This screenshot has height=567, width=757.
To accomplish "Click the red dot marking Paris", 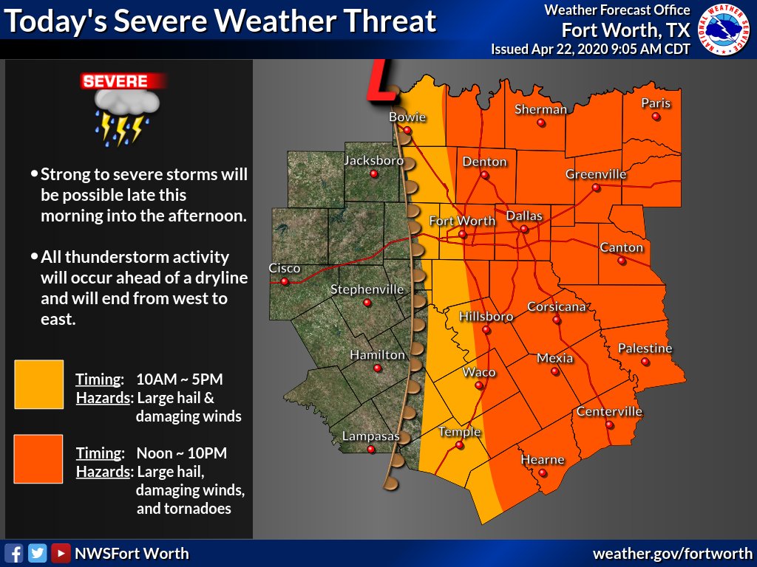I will point(656,117).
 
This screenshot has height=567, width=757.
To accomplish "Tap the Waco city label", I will point(478,372).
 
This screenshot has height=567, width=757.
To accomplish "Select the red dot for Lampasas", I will point(371,449).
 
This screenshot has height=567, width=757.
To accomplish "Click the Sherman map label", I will point(540,109).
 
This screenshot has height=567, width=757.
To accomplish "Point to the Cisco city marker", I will point(284,281).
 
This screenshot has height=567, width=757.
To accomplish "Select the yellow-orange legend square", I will point(38,384).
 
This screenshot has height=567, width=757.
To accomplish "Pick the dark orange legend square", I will point(38,458).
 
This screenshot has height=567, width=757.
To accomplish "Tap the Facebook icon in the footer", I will point(13,553).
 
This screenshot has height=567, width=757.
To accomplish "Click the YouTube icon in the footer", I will point(61,553).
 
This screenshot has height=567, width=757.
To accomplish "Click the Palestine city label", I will point(645,348).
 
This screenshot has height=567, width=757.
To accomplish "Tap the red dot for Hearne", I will point(543,472).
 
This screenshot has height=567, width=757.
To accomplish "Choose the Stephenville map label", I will point(367,289).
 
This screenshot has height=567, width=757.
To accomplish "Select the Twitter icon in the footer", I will point(37,553).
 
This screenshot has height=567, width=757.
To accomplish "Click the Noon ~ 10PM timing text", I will point(182,453).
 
